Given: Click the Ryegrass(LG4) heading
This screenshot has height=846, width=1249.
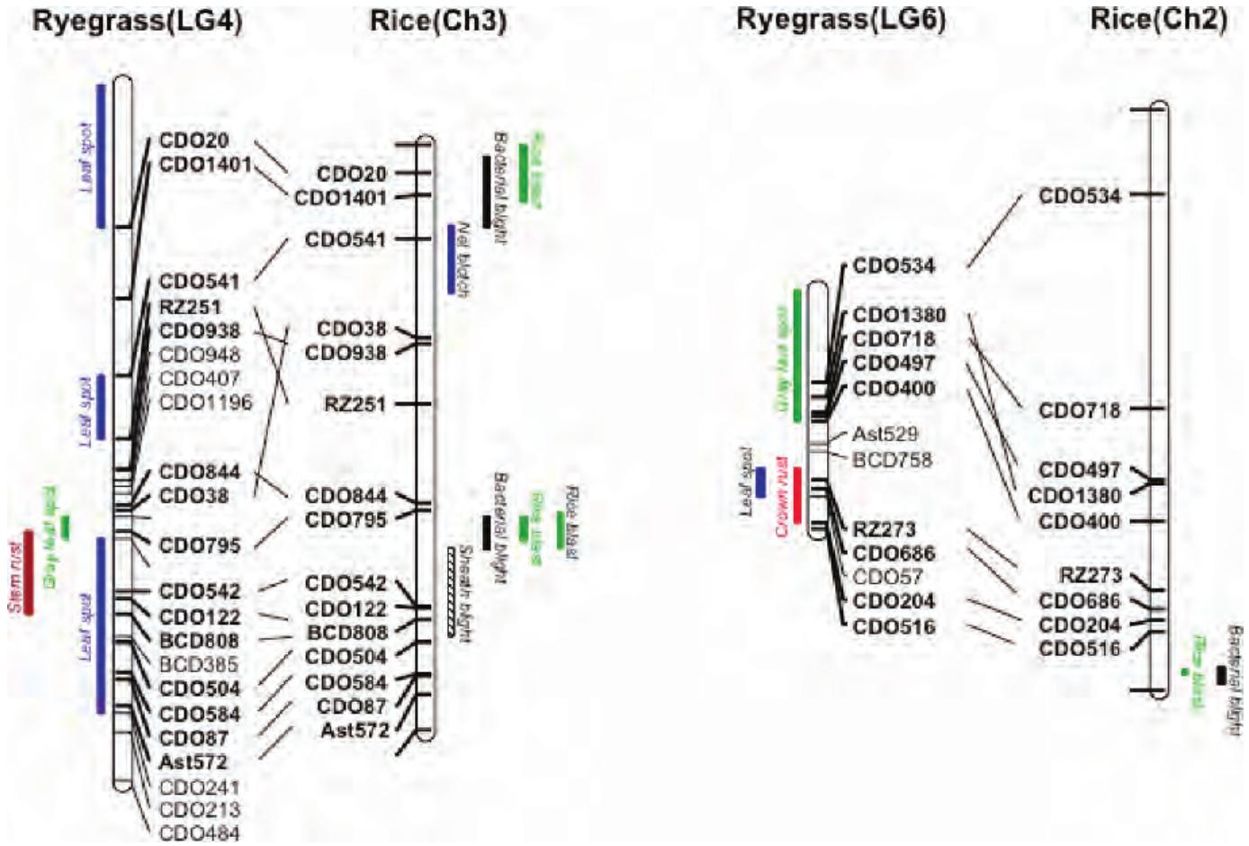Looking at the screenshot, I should pos(137,21).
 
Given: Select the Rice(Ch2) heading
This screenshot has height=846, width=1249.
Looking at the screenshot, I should pos(1158,21).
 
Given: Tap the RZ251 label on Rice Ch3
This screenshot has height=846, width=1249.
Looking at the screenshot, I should pos(355,404).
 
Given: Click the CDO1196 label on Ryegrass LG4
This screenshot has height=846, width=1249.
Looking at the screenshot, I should pos(205,402).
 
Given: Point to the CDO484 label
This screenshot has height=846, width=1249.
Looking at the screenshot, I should pos(199,833).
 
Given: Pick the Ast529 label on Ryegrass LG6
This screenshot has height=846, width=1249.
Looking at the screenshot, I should pos(885,435).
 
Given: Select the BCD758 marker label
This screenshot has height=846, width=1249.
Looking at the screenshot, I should pos(892,460).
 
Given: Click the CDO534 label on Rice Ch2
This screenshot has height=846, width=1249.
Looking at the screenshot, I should pos(1079,195).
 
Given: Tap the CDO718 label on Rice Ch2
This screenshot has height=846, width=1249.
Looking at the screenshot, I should pos(1079,410).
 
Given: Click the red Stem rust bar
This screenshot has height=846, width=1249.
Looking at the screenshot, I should pos(27,573).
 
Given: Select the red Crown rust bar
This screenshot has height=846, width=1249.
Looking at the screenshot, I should pos(797,495).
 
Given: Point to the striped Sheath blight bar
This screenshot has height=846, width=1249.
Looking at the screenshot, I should pos(450,591).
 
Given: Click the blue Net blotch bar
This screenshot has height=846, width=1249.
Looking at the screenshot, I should pos(453,259).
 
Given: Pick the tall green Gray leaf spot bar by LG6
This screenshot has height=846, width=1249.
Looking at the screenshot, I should pos(797,355).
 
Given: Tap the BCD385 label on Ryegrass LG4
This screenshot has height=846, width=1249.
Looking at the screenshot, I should pos(199,665).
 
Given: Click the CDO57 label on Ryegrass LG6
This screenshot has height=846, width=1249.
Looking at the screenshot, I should pos(887,577).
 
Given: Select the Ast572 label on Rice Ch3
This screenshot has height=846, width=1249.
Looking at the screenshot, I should pos(355,731).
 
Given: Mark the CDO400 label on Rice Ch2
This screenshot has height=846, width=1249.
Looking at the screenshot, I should pos(1079,522).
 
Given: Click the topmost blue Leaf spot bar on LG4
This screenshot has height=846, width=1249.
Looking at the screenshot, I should pos(102,156).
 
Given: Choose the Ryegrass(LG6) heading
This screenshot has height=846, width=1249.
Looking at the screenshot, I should pos(840,21).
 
